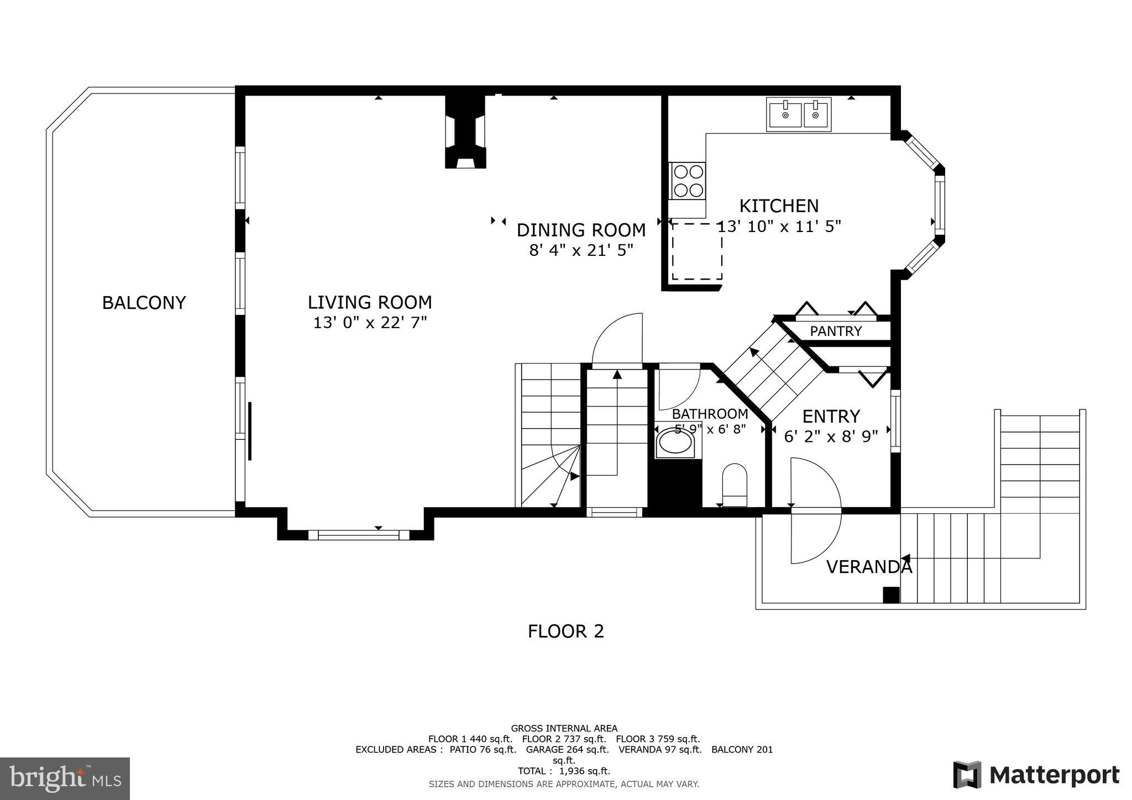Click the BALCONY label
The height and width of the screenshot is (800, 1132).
144,303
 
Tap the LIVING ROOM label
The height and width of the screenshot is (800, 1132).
369,302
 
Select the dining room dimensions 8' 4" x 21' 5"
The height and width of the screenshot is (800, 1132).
581,250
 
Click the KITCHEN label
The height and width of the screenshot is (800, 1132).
778,206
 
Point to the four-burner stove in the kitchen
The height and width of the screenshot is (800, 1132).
688,181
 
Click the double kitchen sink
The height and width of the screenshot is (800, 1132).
799,115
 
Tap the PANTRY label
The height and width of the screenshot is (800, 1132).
835,331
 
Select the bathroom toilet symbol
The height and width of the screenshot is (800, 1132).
735,485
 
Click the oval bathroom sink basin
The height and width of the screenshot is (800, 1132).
674,443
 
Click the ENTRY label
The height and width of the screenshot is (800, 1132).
831,416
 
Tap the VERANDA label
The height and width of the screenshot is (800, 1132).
868,567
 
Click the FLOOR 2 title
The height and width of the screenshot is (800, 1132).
565,631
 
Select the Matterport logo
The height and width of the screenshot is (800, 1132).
1036,775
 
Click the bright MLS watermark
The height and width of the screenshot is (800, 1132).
65,778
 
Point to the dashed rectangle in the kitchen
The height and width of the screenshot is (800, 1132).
696,251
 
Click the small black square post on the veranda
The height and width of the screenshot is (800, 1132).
890,594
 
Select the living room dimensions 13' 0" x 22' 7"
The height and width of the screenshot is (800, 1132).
370,323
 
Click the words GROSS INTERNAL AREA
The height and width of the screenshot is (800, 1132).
564,728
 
